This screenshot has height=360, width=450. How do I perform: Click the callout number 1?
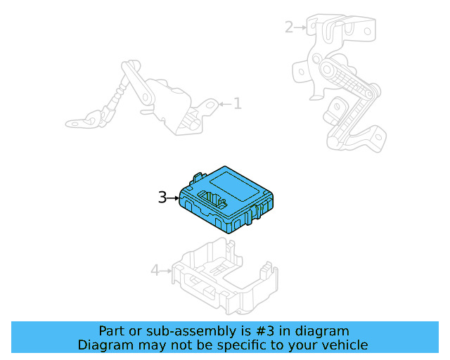238,104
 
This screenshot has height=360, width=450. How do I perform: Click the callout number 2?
289,27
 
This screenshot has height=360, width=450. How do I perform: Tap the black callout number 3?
162,198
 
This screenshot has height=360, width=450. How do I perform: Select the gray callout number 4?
155,270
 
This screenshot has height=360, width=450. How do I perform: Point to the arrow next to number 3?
174,199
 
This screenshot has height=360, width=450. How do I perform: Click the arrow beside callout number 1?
224,104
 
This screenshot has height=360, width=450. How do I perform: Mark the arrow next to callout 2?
301,27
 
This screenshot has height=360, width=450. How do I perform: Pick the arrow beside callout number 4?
167,270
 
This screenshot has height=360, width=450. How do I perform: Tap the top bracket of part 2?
337,28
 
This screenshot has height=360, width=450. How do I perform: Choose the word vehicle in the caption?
345,345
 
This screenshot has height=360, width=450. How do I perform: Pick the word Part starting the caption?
112,331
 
